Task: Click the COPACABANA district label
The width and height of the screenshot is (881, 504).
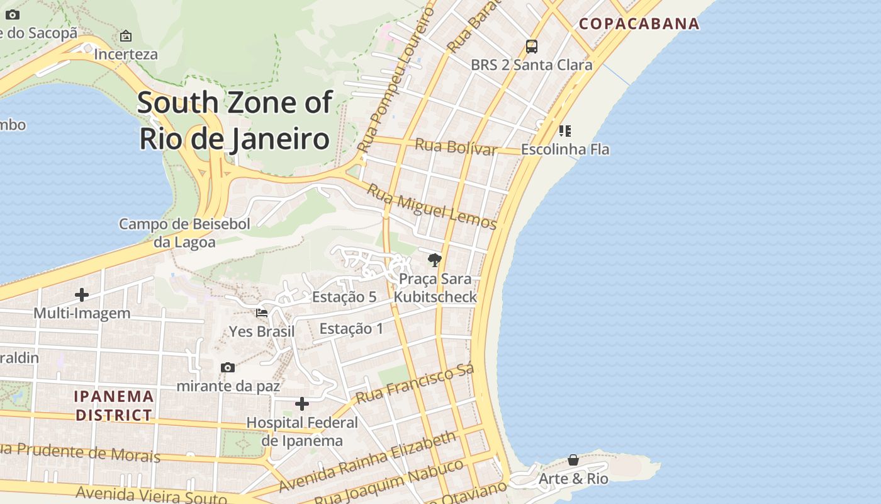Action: click(639, 24)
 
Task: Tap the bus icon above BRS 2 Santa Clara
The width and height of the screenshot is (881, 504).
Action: click(532, 46)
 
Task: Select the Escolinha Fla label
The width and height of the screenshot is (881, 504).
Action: click(564, 149)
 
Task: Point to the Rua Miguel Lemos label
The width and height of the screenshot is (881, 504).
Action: click(432, 207)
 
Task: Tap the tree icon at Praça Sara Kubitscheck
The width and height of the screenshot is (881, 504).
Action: click(434, 260)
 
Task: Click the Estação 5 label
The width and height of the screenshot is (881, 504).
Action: click(344, 297)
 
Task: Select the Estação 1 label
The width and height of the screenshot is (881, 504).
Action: click(351, 328)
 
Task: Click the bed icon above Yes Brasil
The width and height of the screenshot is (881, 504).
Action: click(262, 312)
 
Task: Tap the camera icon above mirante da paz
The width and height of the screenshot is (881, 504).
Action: click(228, 367)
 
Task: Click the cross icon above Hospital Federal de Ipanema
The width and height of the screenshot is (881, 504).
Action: click(302, 404)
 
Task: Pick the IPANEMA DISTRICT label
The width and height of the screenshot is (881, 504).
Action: click(114, 406)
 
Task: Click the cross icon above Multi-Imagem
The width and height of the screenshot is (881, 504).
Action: click(82, 294)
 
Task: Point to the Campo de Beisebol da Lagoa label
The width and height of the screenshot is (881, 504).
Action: click(184, 232)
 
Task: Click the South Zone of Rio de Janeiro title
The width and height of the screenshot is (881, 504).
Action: click(235, 120)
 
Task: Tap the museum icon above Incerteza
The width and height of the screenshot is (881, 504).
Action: click(126, 36)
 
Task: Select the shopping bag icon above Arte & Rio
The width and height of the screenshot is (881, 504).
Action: click(573, 460)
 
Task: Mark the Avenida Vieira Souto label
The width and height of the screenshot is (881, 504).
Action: click(151, 495)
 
